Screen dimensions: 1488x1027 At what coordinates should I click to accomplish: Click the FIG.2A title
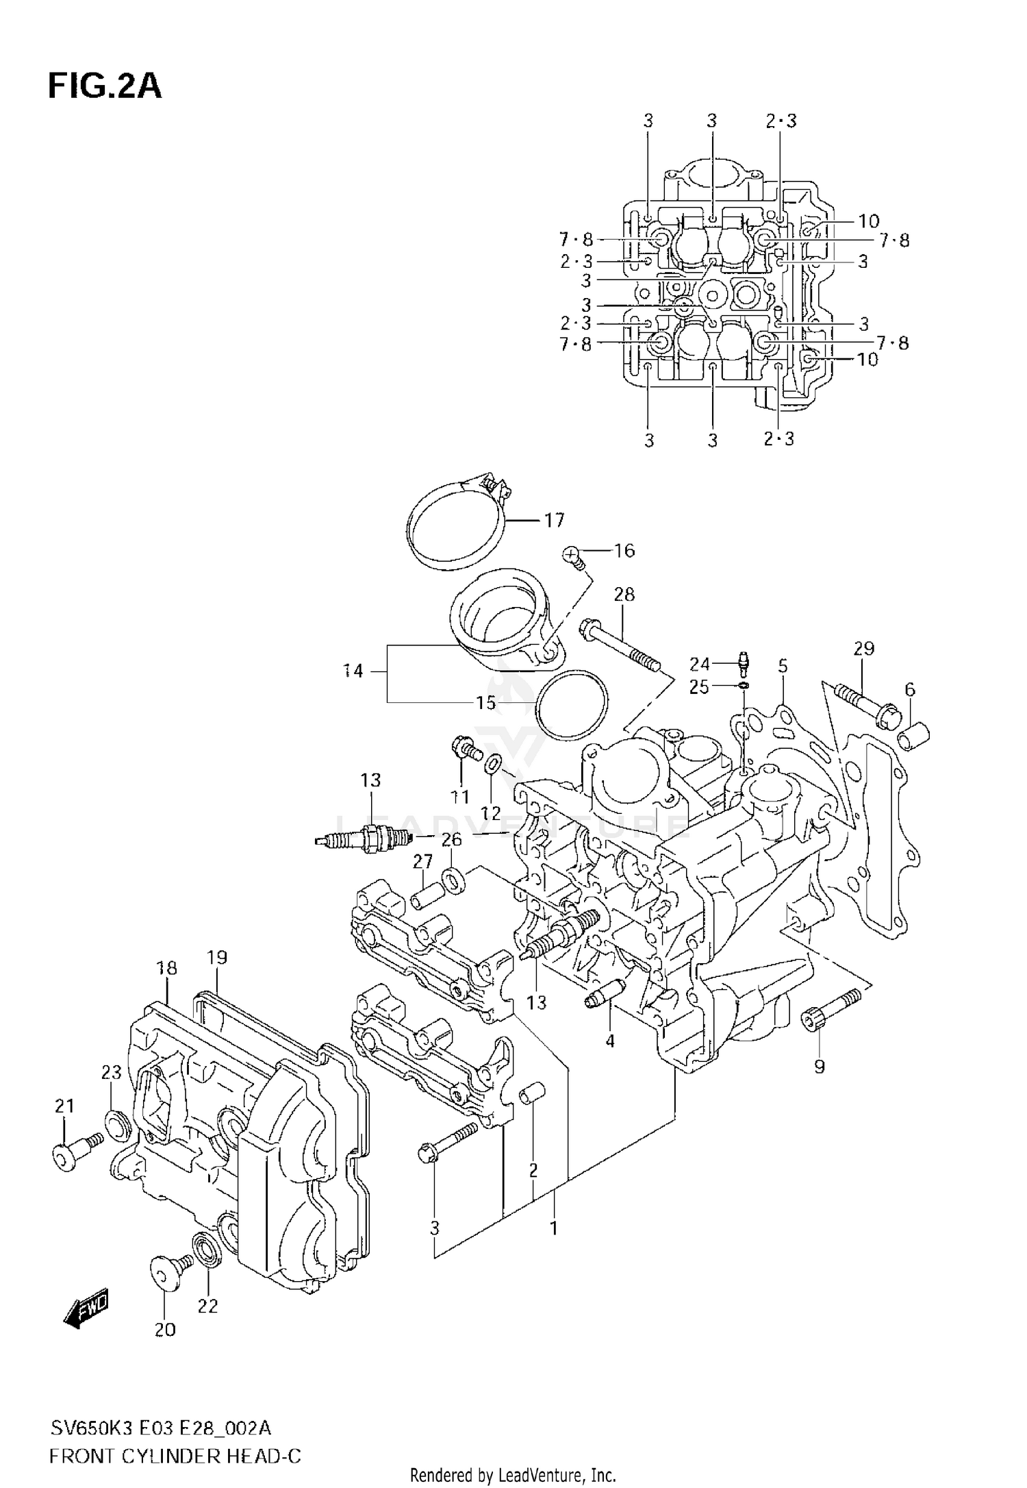point(105,87)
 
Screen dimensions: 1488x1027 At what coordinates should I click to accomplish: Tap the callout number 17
point(554,521)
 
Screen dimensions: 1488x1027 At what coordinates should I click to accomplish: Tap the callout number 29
point(864,648)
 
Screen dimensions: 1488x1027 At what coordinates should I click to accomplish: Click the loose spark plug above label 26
point(364,838)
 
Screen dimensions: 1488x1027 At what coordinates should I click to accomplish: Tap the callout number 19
point(217,958)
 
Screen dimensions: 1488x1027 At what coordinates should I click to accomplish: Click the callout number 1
point(554,1228)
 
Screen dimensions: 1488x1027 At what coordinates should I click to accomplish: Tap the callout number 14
point(353,671)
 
